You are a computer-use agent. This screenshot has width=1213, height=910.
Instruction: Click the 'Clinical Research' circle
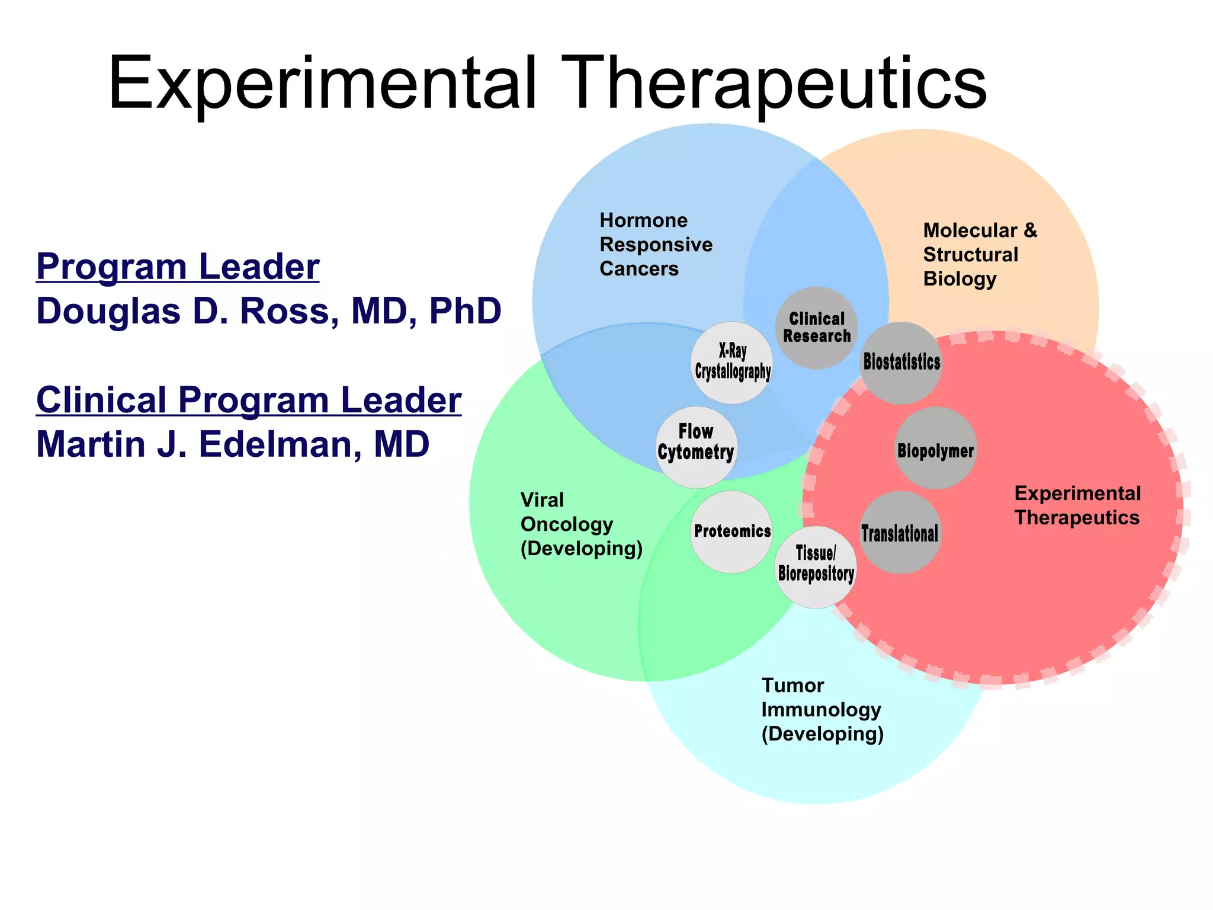(816, 328)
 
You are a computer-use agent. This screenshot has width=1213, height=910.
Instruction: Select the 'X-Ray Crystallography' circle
(732, 363)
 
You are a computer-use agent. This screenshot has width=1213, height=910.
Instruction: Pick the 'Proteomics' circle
(732, 531)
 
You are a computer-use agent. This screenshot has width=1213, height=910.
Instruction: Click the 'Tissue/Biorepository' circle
(816, 566)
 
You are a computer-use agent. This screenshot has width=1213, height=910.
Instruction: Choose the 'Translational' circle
(900, 532)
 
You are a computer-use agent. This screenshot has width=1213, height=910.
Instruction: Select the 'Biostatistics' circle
(901, 363)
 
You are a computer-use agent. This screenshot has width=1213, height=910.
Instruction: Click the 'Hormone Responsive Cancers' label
(656, 244)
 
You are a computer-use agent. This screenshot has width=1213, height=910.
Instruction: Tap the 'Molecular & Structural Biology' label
(980, 254)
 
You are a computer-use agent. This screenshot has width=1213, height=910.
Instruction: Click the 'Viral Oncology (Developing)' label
(581, 524)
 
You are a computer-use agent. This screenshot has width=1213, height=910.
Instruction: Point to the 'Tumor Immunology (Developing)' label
(822, 709)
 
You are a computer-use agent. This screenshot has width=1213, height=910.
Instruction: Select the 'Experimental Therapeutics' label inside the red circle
(1077, 505)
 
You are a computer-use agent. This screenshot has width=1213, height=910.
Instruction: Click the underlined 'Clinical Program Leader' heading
(249, 400)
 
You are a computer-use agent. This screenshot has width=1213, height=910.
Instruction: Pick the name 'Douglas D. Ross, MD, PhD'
(269, 311)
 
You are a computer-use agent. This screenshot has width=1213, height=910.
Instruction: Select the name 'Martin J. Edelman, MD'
(233, 444)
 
